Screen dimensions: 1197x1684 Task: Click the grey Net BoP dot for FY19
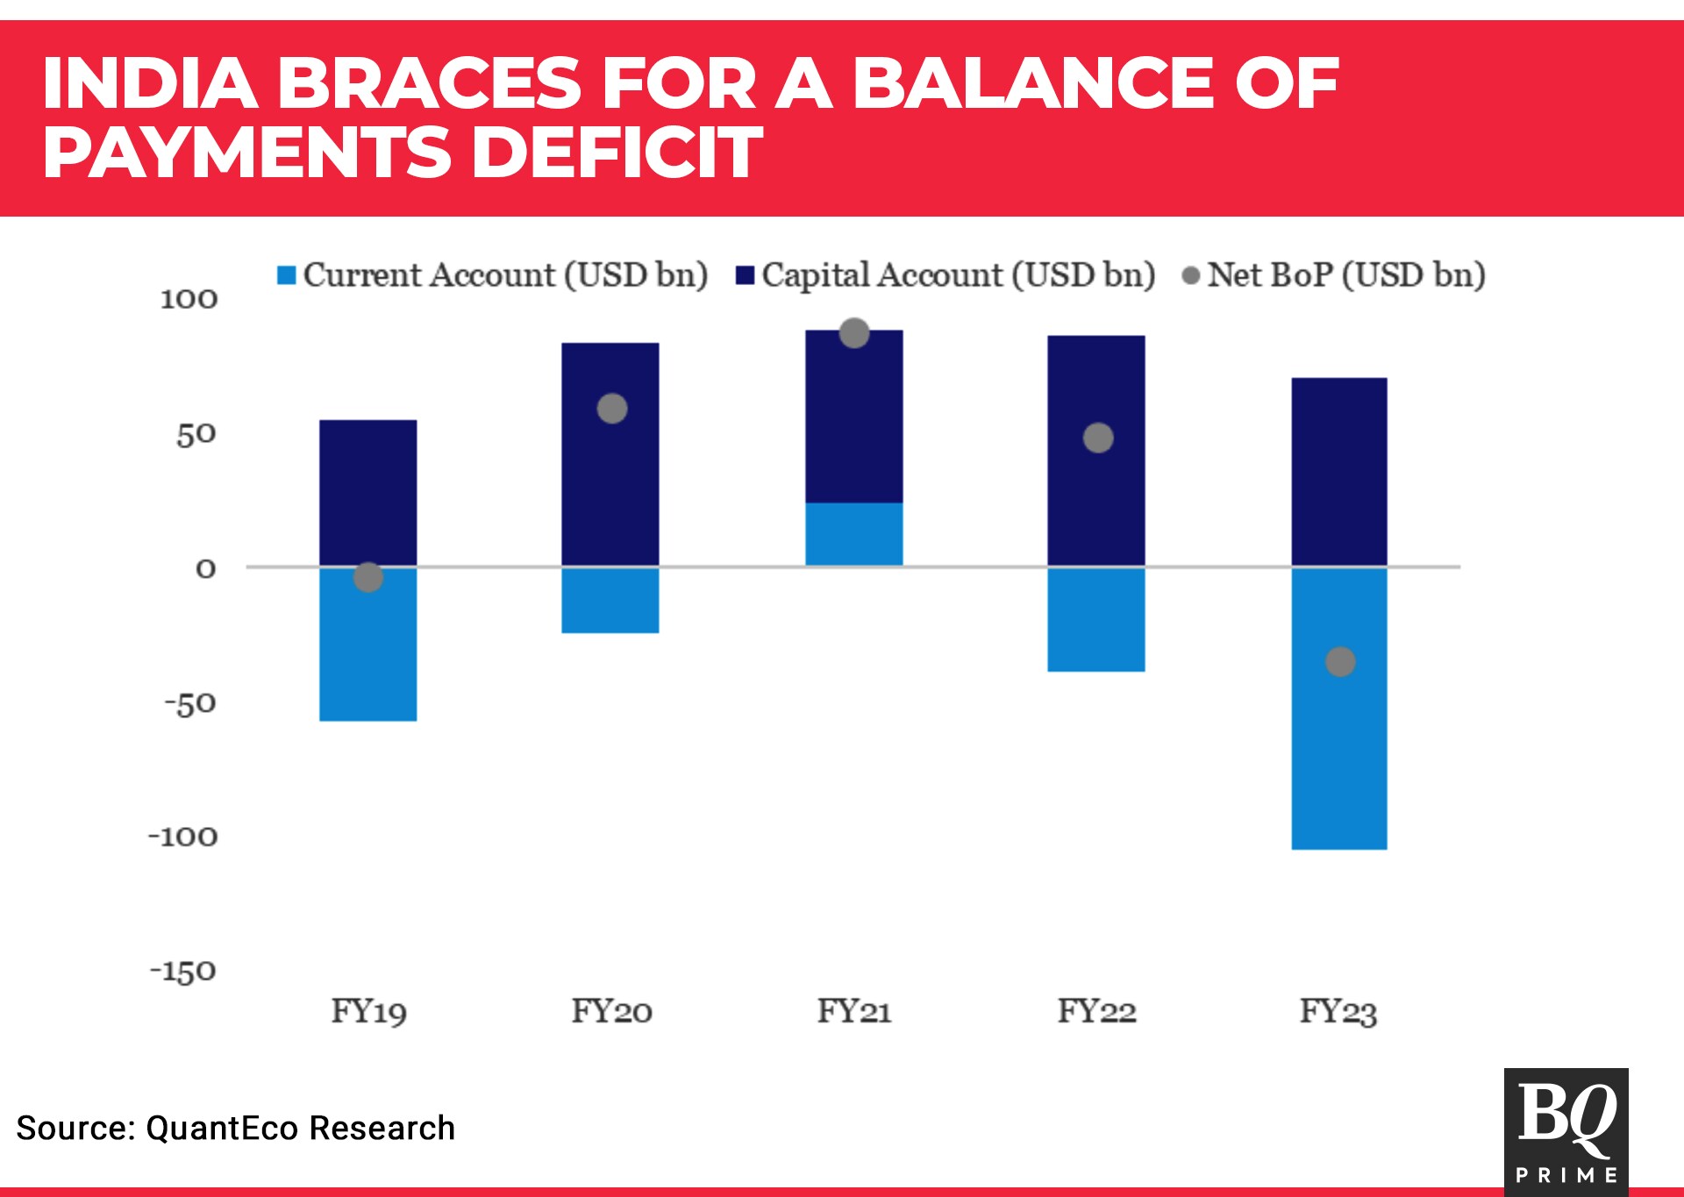point(368,577)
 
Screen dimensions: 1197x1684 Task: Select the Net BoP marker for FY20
point(612,409)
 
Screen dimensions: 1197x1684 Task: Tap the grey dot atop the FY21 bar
point(854,333)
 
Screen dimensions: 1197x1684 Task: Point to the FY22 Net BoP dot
point(1098,438)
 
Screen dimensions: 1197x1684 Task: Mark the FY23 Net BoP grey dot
point(1340,662)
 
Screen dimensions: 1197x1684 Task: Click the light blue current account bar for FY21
point(854,534)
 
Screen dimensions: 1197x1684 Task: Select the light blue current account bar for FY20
point(610,600)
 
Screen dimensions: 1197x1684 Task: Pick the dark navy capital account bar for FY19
point(368,493)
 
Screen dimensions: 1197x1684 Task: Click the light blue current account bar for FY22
point(1096,619)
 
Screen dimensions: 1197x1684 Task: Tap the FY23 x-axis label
point(1338,1011)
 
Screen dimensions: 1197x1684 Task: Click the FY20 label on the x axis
point(611,1011)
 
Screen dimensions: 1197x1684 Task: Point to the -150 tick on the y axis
point(183,971)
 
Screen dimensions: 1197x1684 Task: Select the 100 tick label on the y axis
point(189,299)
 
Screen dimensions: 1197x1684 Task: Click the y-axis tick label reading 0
point(206,569)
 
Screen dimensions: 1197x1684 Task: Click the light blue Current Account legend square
point(287,275)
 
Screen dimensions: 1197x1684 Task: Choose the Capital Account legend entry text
point(958,275)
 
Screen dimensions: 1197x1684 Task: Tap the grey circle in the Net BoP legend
point(1191,276)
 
